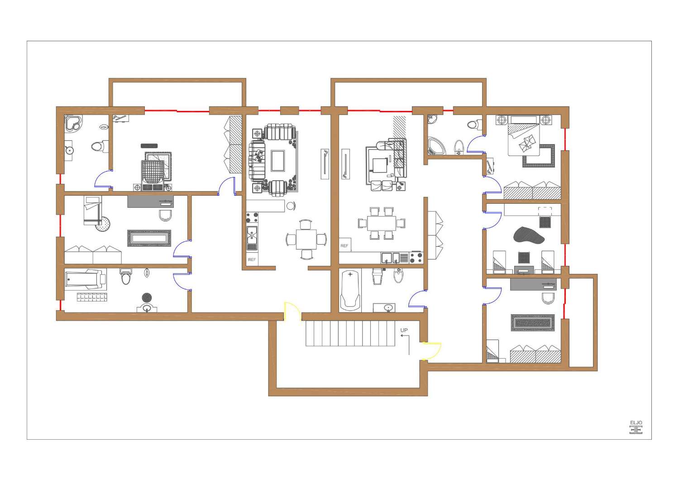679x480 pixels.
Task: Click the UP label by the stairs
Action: point(404,330)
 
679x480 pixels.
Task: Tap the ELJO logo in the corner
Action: point(636,427)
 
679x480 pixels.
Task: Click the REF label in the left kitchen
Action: point(252,260)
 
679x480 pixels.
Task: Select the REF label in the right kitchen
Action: point(344,246)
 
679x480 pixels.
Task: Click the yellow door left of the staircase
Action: point(292,312)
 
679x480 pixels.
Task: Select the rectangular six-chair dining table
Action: point(381,223)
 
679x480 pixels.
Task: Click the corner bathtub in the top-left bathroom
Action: point(72,123)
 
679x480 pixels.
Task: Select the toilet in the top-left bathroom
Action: point(98,146)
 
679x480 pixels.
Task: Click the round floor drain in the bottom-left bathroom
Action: point(147,298)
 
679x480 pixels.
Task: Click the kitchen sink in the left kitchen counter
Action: point(252,235)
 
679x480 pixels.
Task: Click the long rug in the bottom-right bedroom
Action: point(533,323)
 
